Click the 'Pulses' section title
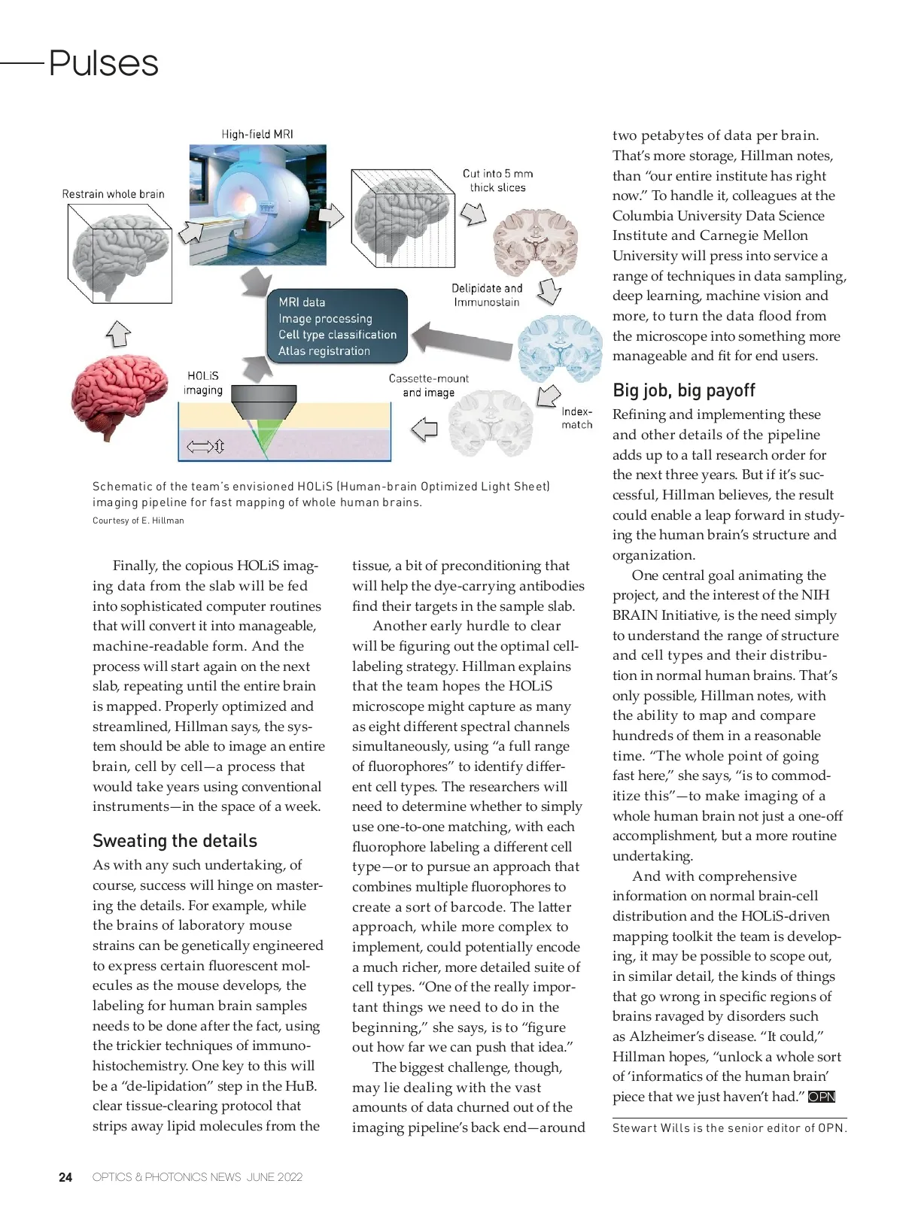click(103, 63)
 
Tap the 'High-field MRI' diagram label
click(257, 135)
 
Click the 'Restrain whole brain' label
click(113, 194)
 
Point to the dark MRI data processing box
click(337, 326)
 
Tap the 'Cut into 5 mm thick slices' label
click(497, 181)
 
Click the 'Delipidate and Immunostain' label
click(486, 295)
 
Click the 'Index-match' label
click(576, 418)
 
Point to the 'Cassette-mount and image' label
click(428, 385)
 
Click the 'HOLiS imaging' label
click(203, 383)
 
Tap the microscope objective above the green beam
click(263, 404)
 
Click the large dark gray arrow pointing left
click(462, 336)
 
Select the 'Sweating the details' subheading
click(175, 841)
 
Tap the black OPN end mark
click(822, 1097)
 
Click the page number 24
click(66, 1177)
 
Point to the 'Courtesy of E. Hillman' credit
click(138, 521)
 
